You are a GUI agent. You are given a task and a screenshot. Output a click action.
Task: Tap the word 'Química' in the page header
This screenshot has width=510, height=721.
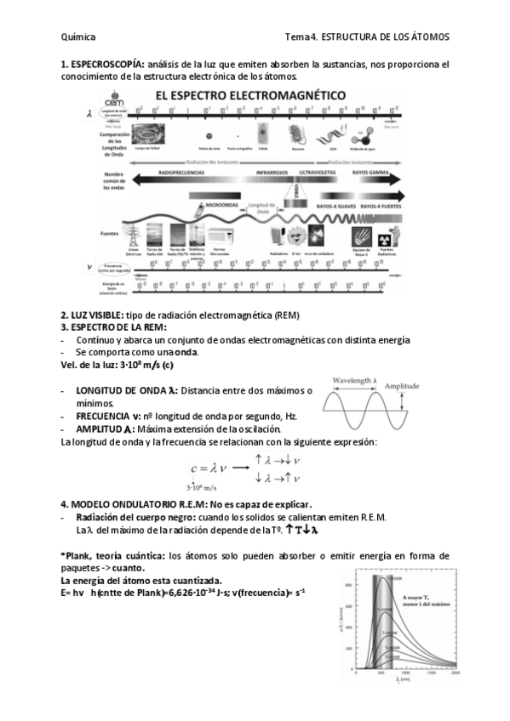(78, 37)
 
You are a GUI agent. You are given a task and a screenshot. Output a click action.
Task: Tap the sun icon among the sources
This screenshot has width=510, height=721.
(297, 236)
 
